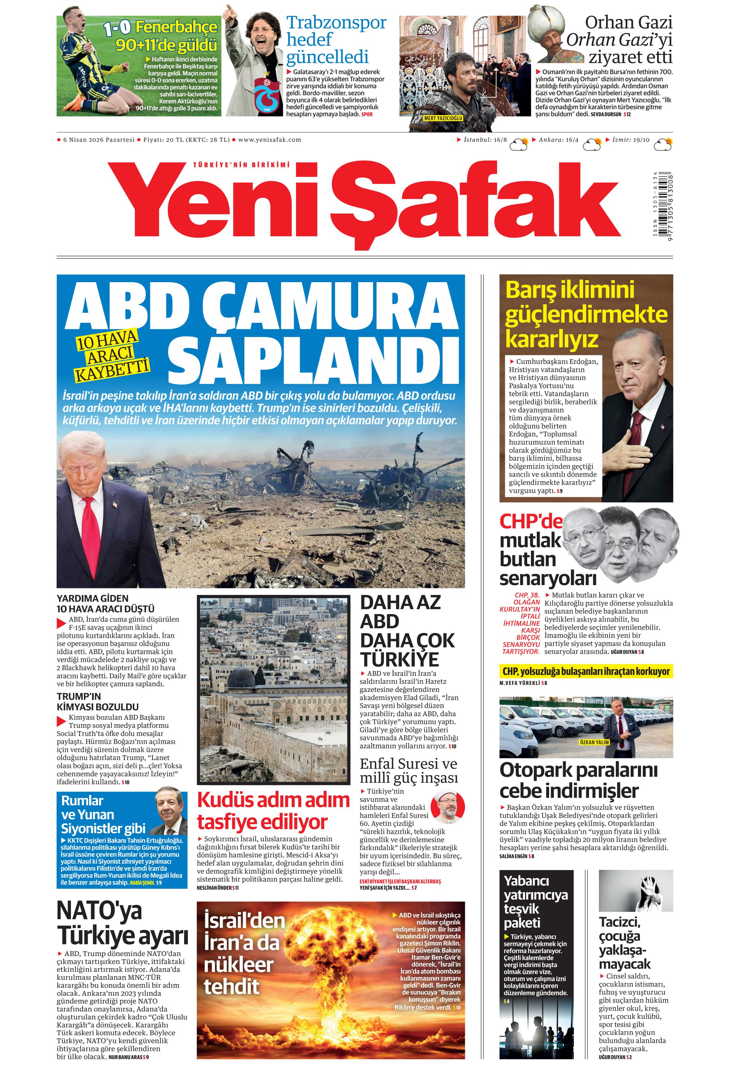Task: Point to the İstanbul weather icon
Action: click(519, 144)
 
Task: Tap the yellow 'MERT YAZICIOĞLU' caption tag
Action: click(443, 118)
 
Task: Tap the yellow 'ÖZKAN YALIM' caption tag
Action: click(594, 742)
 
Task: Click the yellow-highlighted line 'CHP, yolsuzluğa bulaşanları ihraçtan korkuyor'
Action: click(586, 671)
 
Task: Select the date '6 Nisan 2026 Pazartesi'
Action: click(99, 140)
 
